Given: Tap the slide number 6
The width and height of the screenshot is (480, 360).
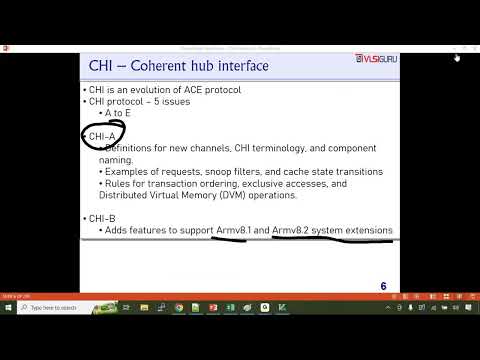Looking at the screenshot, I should (383, 287).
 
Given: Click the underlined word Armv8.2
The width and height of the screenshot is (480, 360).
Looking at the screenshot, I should (292, 230).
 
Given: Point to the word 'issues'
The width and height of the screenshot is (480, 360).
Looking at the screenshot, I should (174, 101).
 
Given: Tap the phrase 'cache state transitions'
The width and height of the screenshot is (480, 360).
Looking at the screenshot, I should (334, 171).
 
